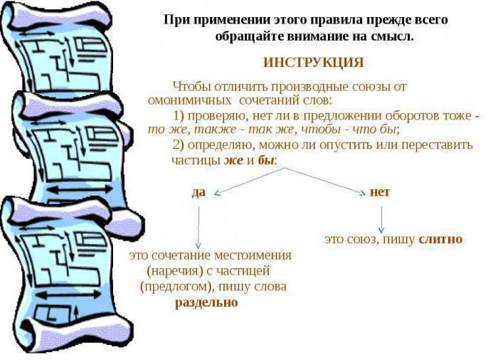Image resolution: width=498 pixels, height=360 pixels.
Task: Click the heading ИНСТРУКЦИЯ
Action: tap(313, 63)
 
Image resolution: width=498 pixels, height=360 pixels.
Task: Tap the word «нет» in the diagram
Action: tap(380, 192)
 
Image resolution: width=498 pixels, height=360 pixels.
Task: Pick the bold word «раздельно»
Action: tap(206, 302)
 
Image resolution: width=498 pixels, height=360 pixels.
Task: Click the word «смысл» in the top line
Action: tap(395, 36)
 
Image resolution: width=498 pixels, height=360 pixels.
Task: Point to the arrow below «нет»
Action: tap(381, 218)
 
